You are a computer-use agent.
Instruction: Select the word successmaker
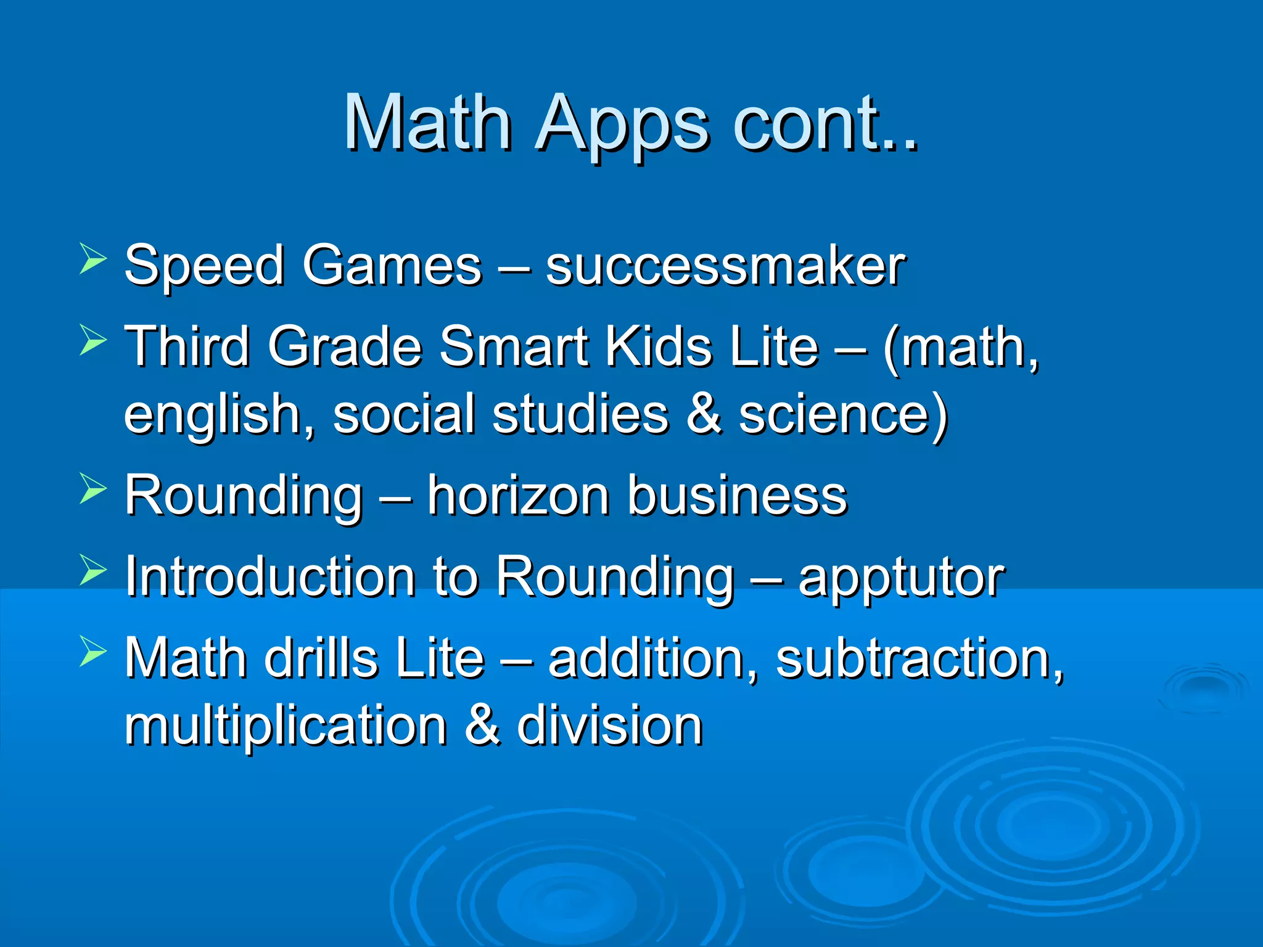click(x=725, y=266)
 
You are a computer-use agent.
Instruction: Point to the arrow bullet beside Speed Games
click(x=93, y=259)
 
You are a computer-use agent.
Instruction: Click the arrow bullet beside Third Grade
click(x=93, y=340)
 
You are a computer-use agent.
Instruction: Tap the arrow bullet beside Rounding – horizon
click(x=93, y=490)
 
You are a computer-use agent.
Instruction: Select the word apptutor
click(x=901, y=578)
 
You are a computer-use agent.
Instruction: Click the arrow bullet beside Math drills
click(x=93, y=652)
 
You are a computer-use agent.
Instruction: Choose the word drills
click(x=321, y=658)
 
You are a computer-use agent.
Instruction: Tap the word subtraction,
click(x=919, y=659)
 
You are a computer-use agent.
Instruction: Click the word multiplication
click(x=286, y=726)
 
